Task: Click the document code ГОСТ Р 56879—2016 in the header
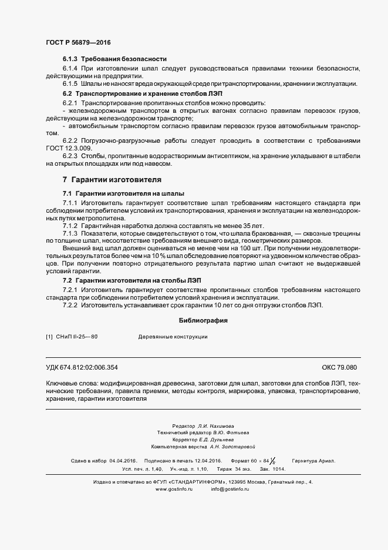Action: [x=77, y=42]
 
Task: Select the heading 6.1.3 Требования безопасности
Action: [x=115, y=59]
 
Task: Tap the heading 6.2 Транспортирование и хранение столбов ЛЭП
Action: [x=143, y=94]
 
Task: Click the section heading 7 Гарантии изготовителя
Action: [x=112, y=179]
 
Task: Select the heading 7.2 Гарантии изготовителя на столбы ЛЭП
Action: [x=132, y=281]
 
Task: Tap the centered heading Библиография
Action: [x=203, y=321]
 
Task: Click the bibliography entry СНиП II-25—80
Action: [x=76, y=337]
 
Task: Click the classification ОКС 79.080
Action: [x=339, y=367]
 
